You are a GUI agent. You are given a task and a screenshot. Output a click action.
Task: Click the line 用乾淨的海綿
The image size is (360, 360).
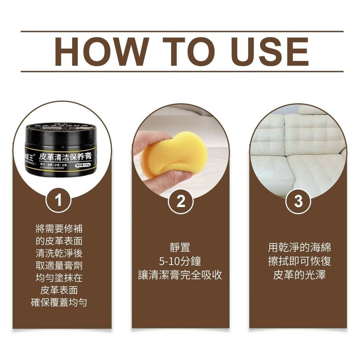[x=299, y=248]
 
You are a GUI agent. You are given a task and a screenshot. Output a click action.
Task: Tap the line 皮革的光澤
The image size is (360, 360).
[x=299, y=275]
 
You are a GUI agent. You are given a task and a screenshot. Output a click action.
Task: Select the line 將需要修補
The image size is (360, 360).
[x=59, y=228]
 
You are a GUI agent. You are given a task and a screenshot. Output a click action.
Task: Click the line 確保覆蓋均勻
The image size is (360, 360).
[x=59, y=302]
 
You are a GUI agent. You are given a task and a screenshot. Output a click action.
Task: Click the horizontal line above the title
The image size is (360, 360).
[x=182, y=32]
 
